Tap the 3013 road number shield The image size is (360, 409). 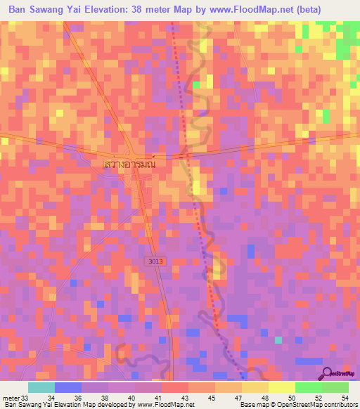[x=156, y=261]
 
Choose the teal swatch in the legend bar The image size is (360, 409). [x=41, y=387]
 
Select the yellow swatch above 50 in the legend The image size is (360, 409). [x=281, y=387]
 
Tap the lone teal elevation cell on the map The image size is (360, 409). [x=278, y=340]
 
